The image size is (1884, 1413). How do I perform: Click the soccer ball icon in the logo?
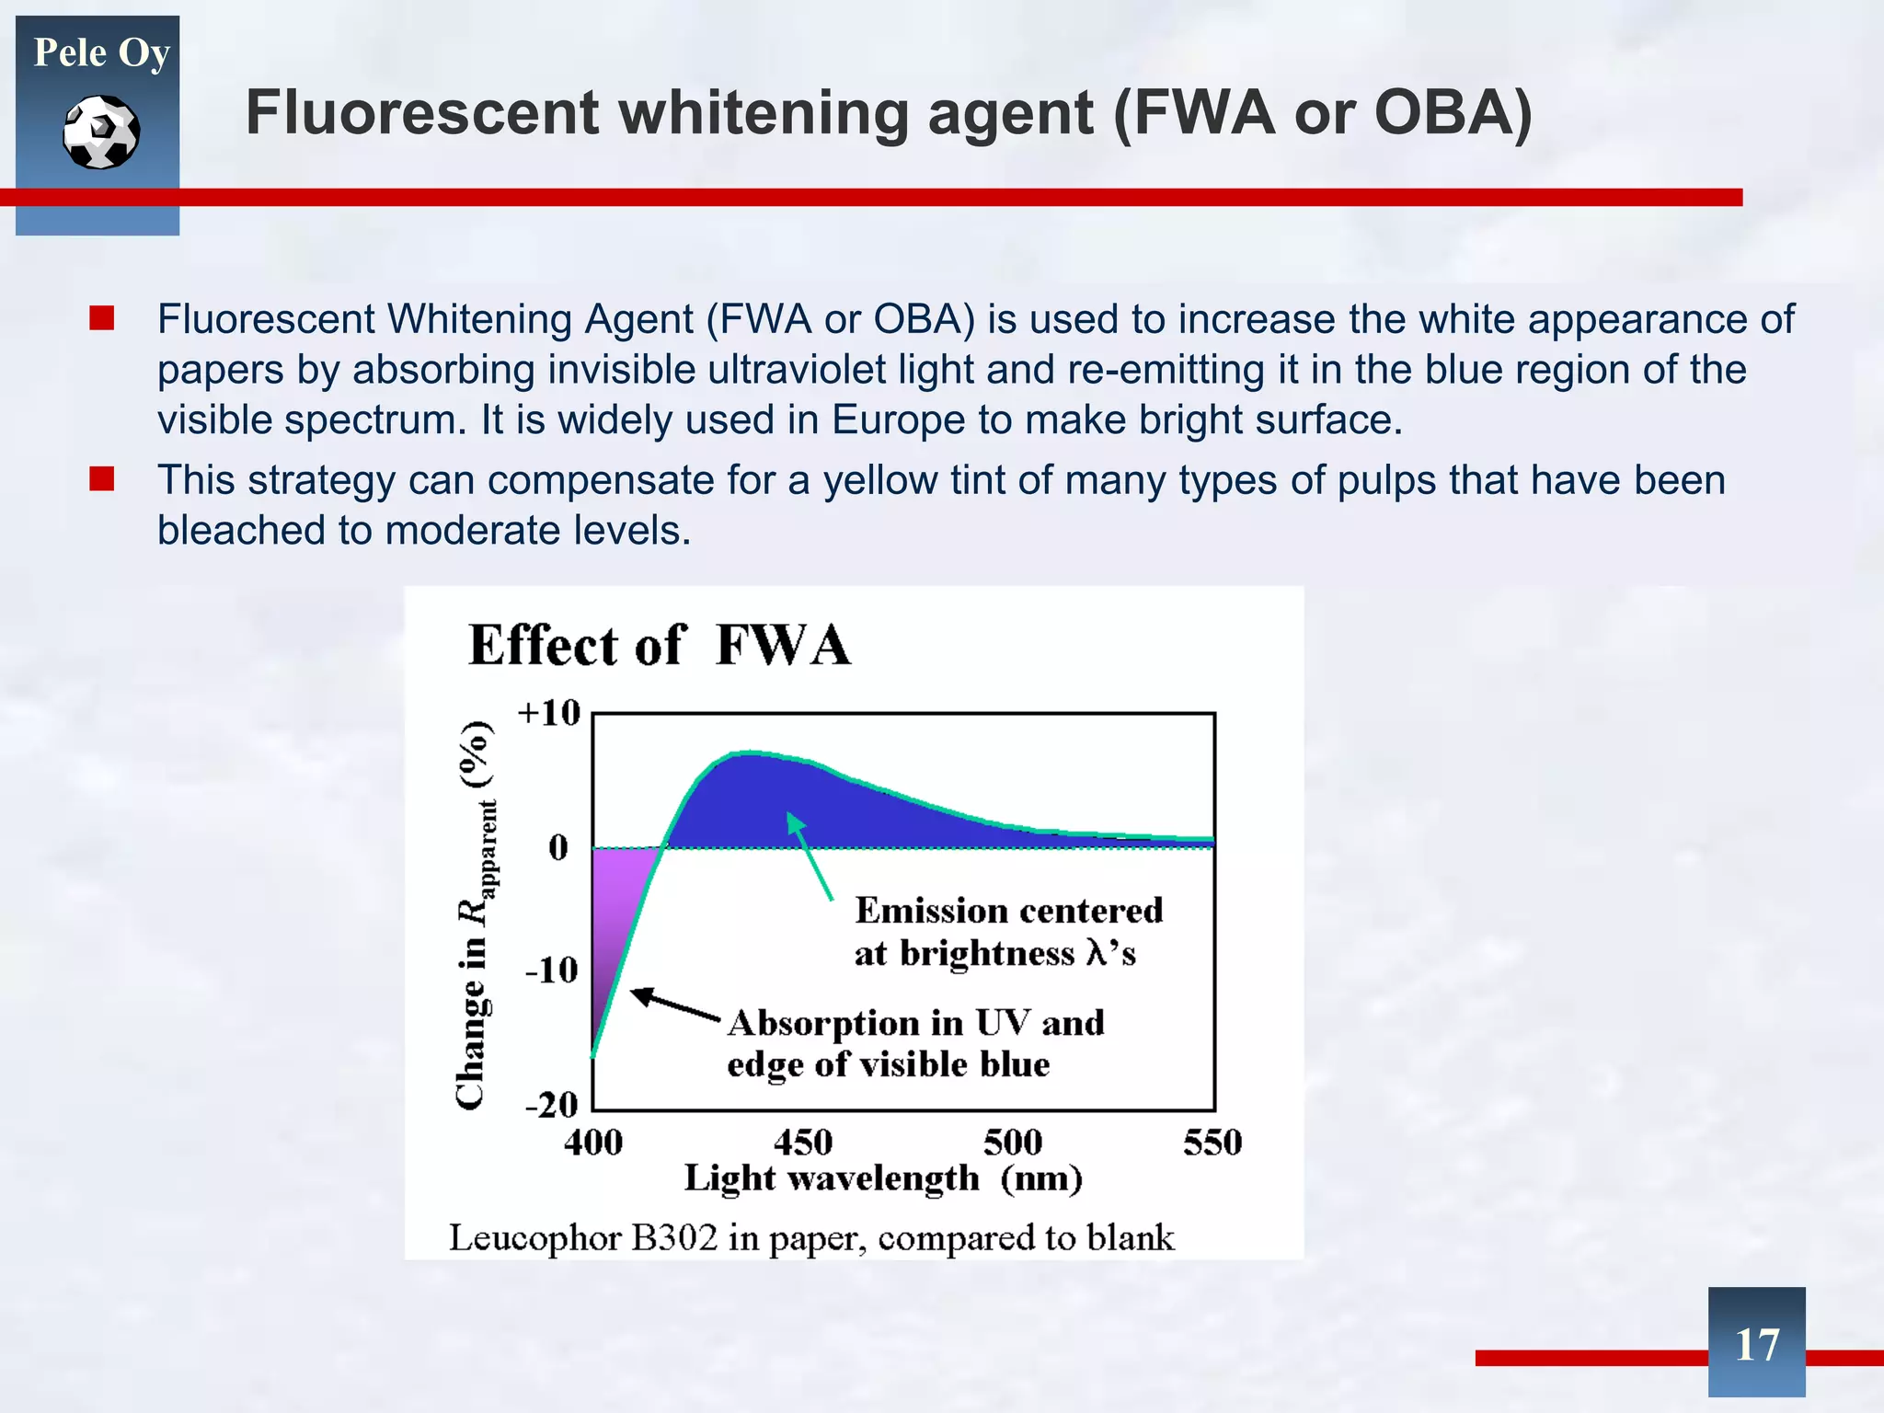point(101,132)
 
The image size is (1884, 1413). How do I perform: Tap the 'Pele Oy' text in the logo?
point(101,53)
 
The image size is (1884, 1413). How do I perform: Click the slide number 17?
point(1756,1344)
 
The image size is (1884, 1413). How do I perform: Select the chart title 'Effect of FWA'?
point(660,645)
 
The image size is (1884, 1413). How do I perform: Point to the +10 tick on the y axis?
point(549,713)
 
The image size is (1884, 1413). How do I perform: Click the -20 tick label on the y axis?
point(551,1104)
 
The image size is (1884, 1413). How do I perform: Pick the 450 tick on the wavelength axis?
point(802,1143)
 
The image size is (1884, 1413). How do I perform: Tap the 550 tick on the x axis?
point(1212,1143)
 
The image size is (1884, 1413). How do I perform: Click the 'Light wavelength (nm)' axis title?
point(882,1178)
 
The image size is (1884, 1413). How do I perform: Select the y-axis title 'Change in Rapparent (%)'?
point(475,915)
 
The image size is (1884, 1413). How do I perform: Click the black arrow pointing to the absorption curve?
point(675,1005)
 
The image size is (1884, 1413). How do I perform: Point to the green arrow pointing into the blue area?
point(810,856)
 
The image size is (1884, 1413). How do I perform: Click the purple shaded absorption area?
point(615,911)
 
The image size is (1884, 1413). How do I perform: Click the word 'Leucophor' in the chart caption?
point(534,1238)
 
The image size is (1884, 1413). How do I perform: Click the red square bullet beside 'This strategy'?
point(101,478)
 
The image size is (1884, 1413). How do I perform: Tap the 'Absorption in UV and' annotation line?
point(915,1023)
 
